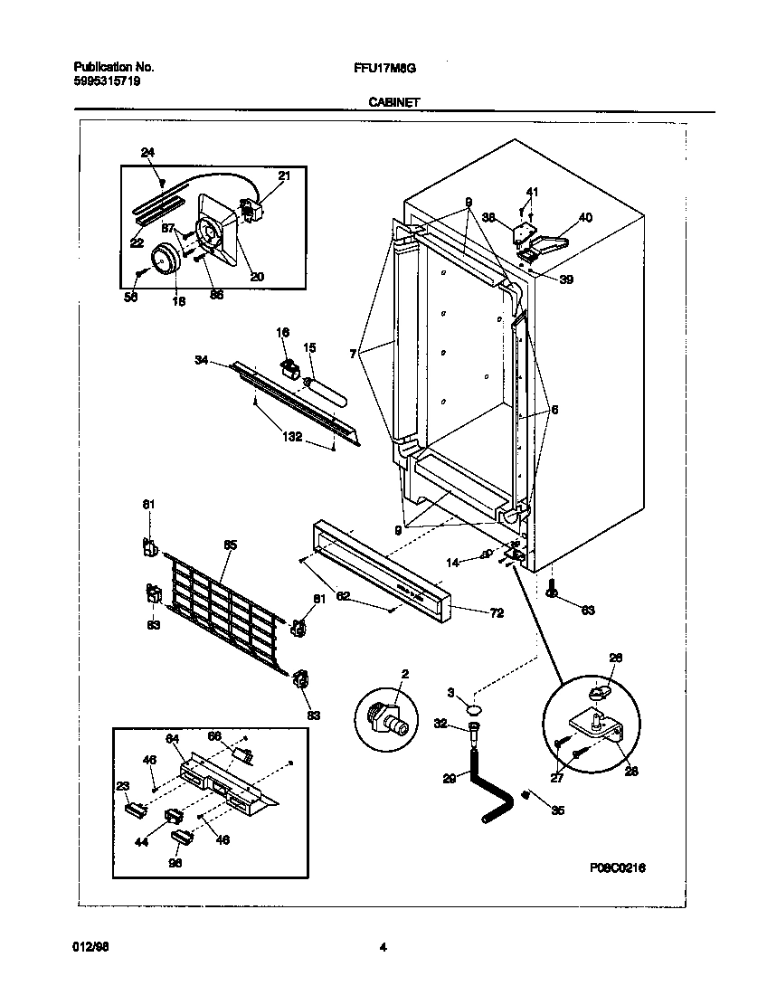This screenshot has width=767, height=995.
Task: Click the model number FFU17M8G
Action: tap(384, 68)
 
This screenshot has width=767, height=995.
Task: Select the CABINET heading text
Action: tap(393, 103)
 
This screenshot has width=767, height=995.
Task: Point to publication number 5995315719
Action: tap(106, 81)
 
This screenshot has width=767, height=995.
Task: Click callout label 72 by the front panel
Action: tap(496, 613)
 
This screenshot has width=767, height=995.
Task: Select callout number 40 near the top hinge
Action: tap(585, 217)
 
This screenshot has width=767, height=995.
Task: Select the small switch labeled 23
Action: tap(136, 808)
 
